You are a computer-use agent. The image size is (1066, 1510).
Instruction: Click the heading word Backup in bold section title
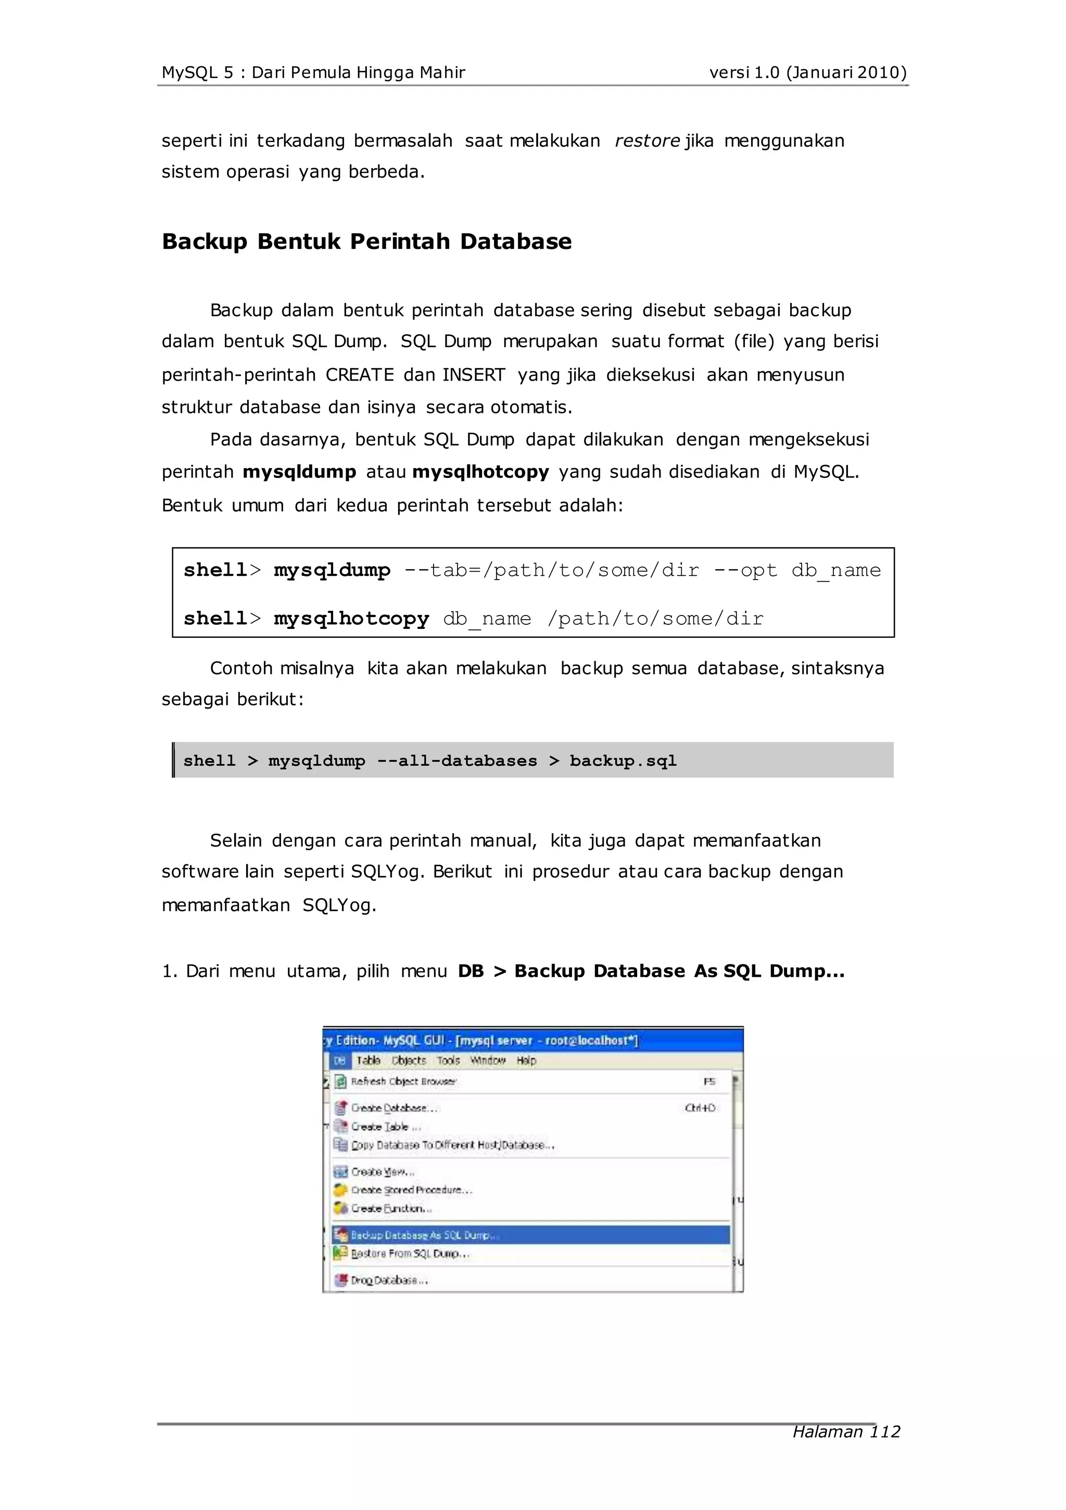pyautogui.click(x=204, y=242)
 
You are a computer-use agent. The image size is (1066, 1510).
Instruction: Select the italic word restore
pyautogui.click(x=646, y=141)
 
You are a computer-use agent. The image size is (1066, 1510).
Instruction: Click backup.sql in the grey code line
pyautogui.click(x=622, y=760)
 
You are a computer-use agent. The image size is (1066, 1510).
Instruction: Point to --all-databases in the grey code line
pyautogui.click(x=456, y=760)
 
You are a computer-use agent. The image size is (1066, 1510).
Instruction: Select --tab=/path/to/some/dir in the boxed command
pyautogui.click(x=551, y=570)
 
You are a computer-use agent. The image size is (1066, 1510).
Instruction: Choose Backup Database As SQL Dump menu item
pyautogui.click(x=424, y=1235)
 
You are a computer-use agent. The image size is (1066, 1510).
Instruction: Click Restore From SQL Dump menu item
pyautogui.click(x=410, y=1253)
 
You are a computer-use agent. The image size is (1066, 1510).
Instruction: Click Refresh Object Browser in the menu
pyautogui.click(x=403, y=1081)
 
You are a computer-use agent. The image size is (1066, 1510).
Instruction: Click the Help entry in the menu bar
pyautogui.click(x=526, y=1060)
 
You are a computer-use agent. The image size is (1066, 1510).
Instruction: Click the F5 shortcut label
pyautogui.click(x=709, y=1081)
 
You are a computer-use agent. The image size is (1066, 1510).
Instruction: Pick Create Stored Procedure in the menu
pyautogui.click(x=411, y=1190)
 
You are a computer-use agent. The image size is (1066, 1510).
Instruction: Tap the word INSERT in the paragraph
pyautogui.click(x=474, y=375)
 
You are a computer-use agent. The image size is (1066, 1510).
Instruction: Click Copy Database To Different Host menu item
pyautogui.click(x=452, y=1145)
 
